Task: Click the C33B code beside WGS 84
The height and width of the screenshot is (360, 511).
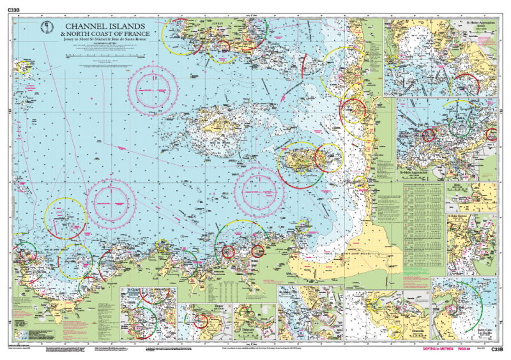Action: click(x=499, y=350)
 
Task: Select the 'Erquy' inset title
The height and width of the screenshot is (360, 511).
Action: click(x=203, y=306)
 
